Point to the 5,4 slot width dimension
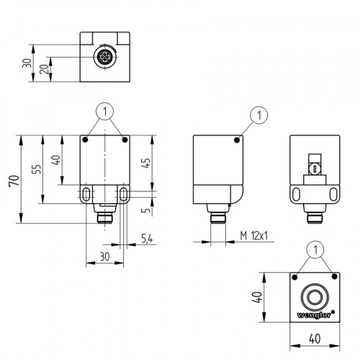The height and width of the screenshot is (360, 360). pyautogui.click(x=146, y=238)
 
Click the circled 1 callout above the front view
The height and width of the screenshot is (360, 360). pyautogui.click(x=105, y=112)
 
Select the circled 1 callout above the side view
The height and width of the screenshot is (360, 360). pyautogui.click(x=258, y=114)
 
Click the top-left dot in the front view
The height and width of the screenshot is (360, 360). pyautogui.click(x=86, y=140)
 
